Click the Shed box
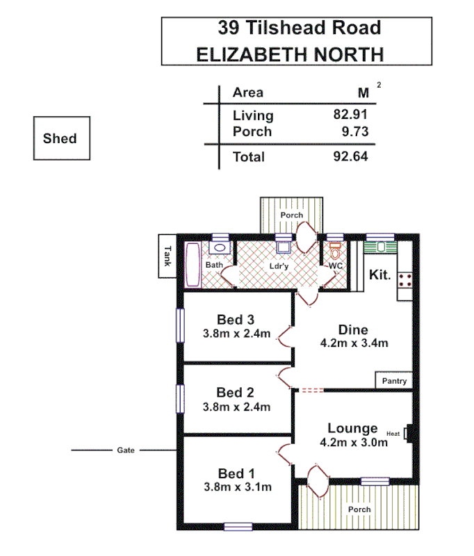60,138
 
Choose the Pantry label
394,381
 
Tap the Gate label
125,450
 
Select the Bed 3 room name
236,319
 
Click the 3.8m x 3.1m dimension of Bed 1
236,486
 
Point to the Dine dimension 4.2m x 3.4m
353,343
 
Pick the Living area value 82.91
350,115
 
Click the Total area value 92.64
350,156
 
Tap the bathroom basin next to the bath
219,247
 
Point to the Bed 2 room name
235,393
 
